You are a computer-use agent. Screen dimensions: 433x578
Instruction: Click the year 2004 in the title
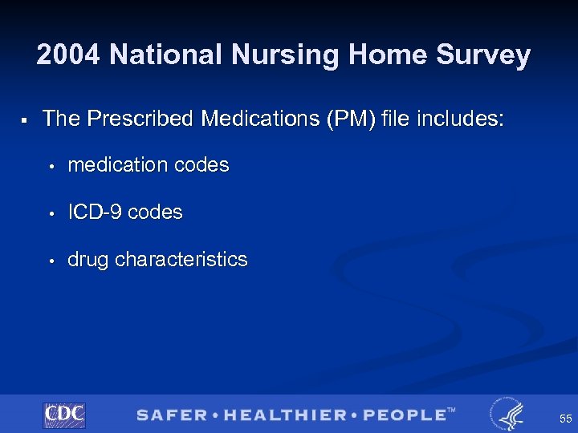[x=69, y=55]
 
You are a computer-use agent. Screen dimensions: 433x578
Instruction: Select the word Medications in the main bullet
[x=258, y=119]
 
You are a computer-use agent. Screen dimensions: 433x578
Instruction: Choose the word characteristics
[x=181, y=260]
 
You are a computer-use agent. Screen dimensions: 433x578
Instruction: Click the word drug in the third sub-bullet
[x=89, y=260]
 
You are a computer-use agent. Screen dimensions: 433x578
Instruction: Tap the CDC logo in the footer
[x=64, y=415]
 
